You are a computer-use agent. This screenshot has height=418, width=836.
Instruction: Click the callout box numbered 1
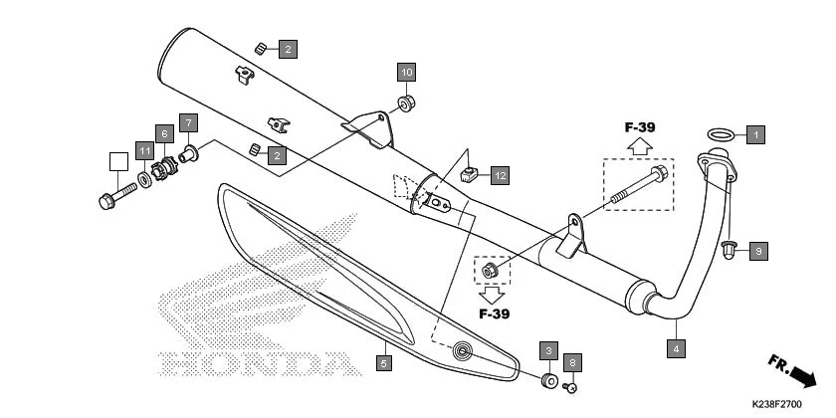755,133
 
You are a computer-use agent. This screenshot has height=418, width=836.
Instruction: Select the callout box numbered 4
676,348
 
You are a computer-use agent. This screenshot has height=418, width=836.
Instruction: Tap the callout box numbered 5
383,365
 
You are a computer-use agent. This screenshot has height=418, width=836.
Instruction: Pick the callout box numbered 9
757,251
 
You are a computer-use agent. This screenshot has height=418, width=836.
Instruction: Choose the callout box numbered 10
406,73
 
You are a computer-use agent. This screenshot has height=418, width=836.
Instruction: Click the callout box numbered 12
499,176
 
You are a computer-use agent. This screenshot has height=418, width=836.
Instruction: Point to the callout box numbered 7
189,123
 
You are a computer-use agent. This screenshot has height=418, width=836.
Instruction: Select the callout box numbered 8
571,362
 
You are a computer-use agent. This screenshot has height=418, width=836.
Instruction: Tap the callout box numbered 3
548,350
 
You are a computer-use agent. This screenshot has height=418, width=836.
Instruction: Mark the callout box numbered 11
145,151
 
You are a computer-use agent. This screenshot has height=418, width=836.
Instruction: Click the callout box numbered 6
165,133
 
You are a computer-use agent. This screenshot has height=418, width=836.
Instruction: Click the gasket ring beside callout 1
722,133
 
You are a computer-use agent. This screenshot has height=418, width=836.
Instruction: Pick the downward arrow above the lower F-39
492,295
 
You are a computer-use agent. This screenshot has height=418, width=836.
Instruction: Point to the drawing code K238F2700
776,405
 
